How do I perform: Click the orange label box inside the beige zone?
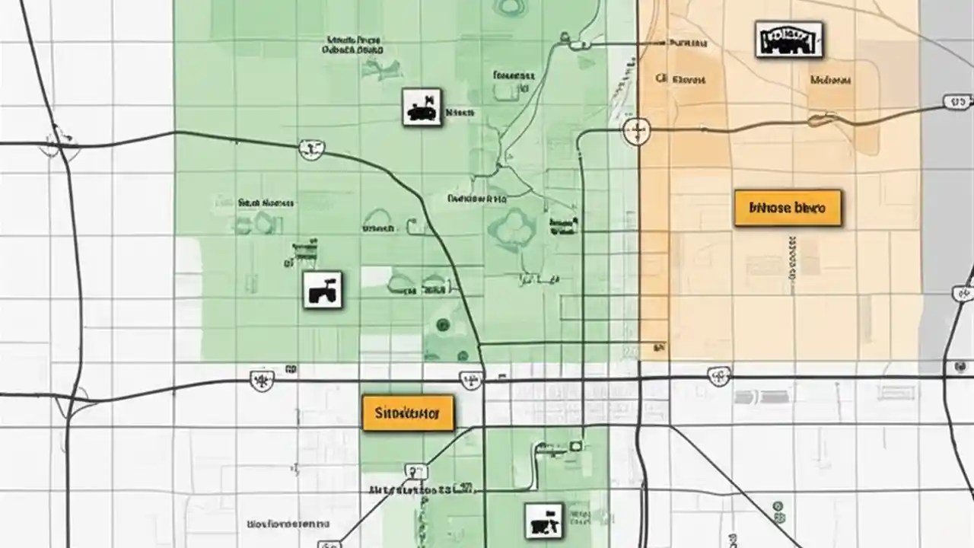click(x=788, y=208)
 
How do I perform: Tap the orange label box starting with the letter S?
click(x=408, y=413)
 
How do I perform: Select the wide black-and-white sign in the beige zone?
click(x=789, y=40)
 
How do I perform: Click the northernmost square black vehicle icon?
click(x=422, y=107)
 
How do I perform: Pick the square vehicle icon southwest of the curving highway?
click(x=323, y=290)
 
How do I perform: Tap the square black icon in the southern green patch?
click(x=544, y=521)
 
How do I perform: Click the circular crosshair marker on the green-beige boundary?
click(x=636, y=131)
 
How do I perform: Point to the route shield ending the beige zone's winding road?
click(x=956, y=101)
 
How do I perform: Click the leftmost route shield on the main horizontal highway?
click(x=262, y=379)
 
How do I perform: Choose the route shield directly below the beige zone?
click(x=718, y=375)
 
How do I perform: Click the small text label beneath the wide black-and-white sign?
click(x=830, y=80)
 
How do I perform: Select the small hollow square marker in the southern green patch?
click(x=576, y=445)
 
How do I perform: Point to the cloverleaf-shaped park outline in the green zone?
click(x=512, y=226)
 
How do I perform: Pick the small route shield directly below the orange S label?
click(x=415, y=471)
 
